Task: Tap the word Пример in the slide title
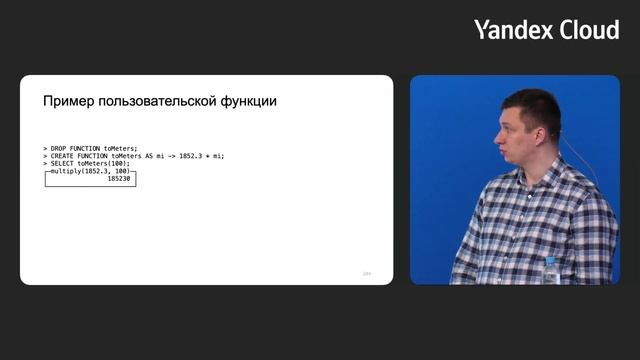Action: (68, 102)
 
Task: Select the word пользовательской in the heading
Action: (161, 102)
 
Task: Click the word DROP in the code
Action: (59, 148)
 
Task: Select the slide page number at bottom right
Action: (366, 273)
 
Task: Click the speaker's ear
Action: (549, 135)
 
